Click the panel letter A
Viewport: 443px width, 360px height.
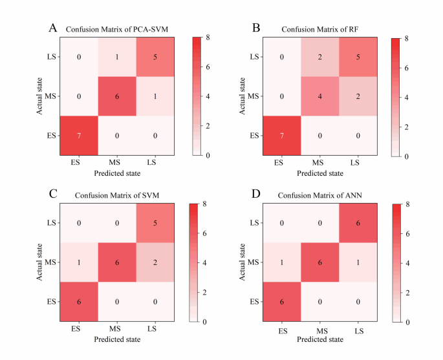coord(53,28)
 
